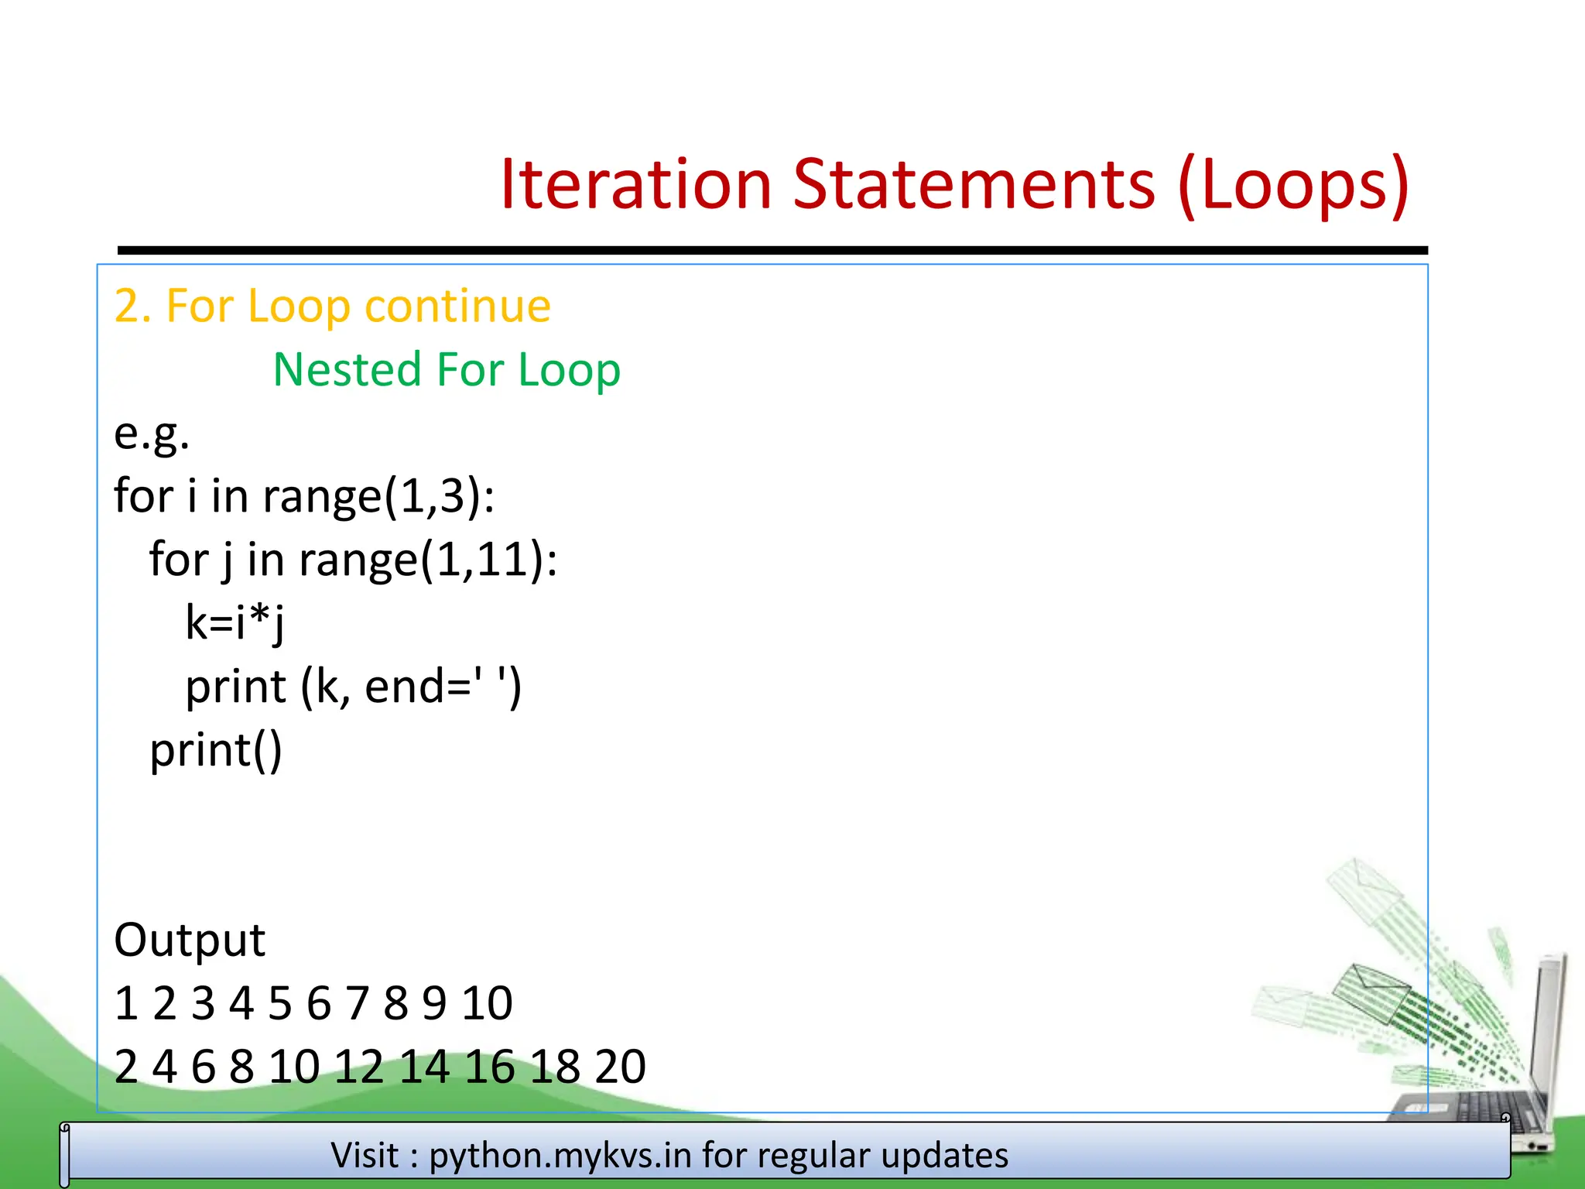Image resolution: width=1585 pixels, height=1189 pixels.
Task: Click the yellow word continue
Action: [x=457, y=306]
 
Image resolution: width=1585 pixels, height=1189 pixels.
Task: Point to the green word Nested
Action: [x=347, y=369]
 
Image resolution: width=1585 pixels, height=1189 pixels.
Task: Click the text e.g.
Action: [x=152, y=433]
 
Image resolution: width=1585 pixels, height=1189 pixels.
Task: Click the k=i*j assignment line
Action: [x=235, y=622]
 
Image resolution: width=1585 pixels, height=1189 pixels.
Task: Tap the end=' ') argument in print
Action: [x=443, y=687]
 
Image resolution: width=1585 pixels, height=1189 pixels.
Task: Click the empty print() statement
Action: [x=216, y=750]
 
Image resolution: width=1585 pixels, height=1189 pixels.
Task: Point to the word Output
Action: [x=190, y=940]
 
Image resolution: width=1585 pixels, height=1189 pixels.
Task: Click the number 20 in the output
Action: [x=620, y=1067]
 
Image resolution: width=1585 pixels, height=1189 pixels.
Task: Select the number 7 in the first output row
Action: [x=357, y=1003]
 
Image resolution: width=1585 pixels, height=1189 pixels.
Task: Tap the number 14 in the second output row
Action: [x=424, y=1067]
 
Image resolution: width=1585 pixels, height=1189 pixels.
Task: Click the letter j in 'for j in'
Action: [x=226, y=560]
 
